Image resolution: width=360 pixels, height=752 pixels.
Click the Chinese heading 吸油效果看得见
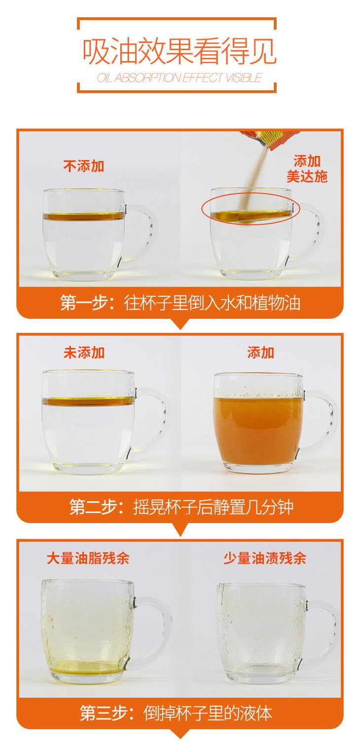180,51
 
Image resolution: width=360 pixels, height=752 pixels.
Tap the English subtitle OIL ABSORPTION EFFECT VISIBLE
180,78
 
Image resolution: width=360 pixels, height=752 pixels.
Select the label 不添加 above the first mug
84,166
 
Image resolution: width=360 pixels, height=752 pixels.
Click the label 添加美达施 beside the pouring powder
307,169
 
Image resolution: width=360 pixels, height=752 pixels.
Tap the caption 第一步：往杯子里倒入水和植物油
180,303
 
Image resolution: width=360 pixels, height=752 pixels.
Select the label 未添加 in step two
84,353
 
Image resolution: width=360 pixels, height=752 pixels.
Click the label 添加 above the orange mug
261,353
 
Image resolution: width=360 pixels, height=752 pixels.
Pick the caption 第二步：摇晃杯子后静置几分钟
181,507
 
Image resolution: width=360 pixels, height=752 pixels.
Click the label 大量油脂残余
88,558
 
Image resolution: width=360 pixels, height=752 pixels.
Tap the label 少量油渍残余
265,558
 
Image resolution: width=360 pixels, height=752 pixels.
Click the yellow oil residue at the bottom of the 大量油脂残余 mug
87,668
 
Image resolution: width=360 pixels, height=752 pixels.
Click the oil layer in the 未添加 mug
88,401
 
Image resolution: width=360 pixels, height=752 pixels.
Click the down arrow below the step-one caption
180,324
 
